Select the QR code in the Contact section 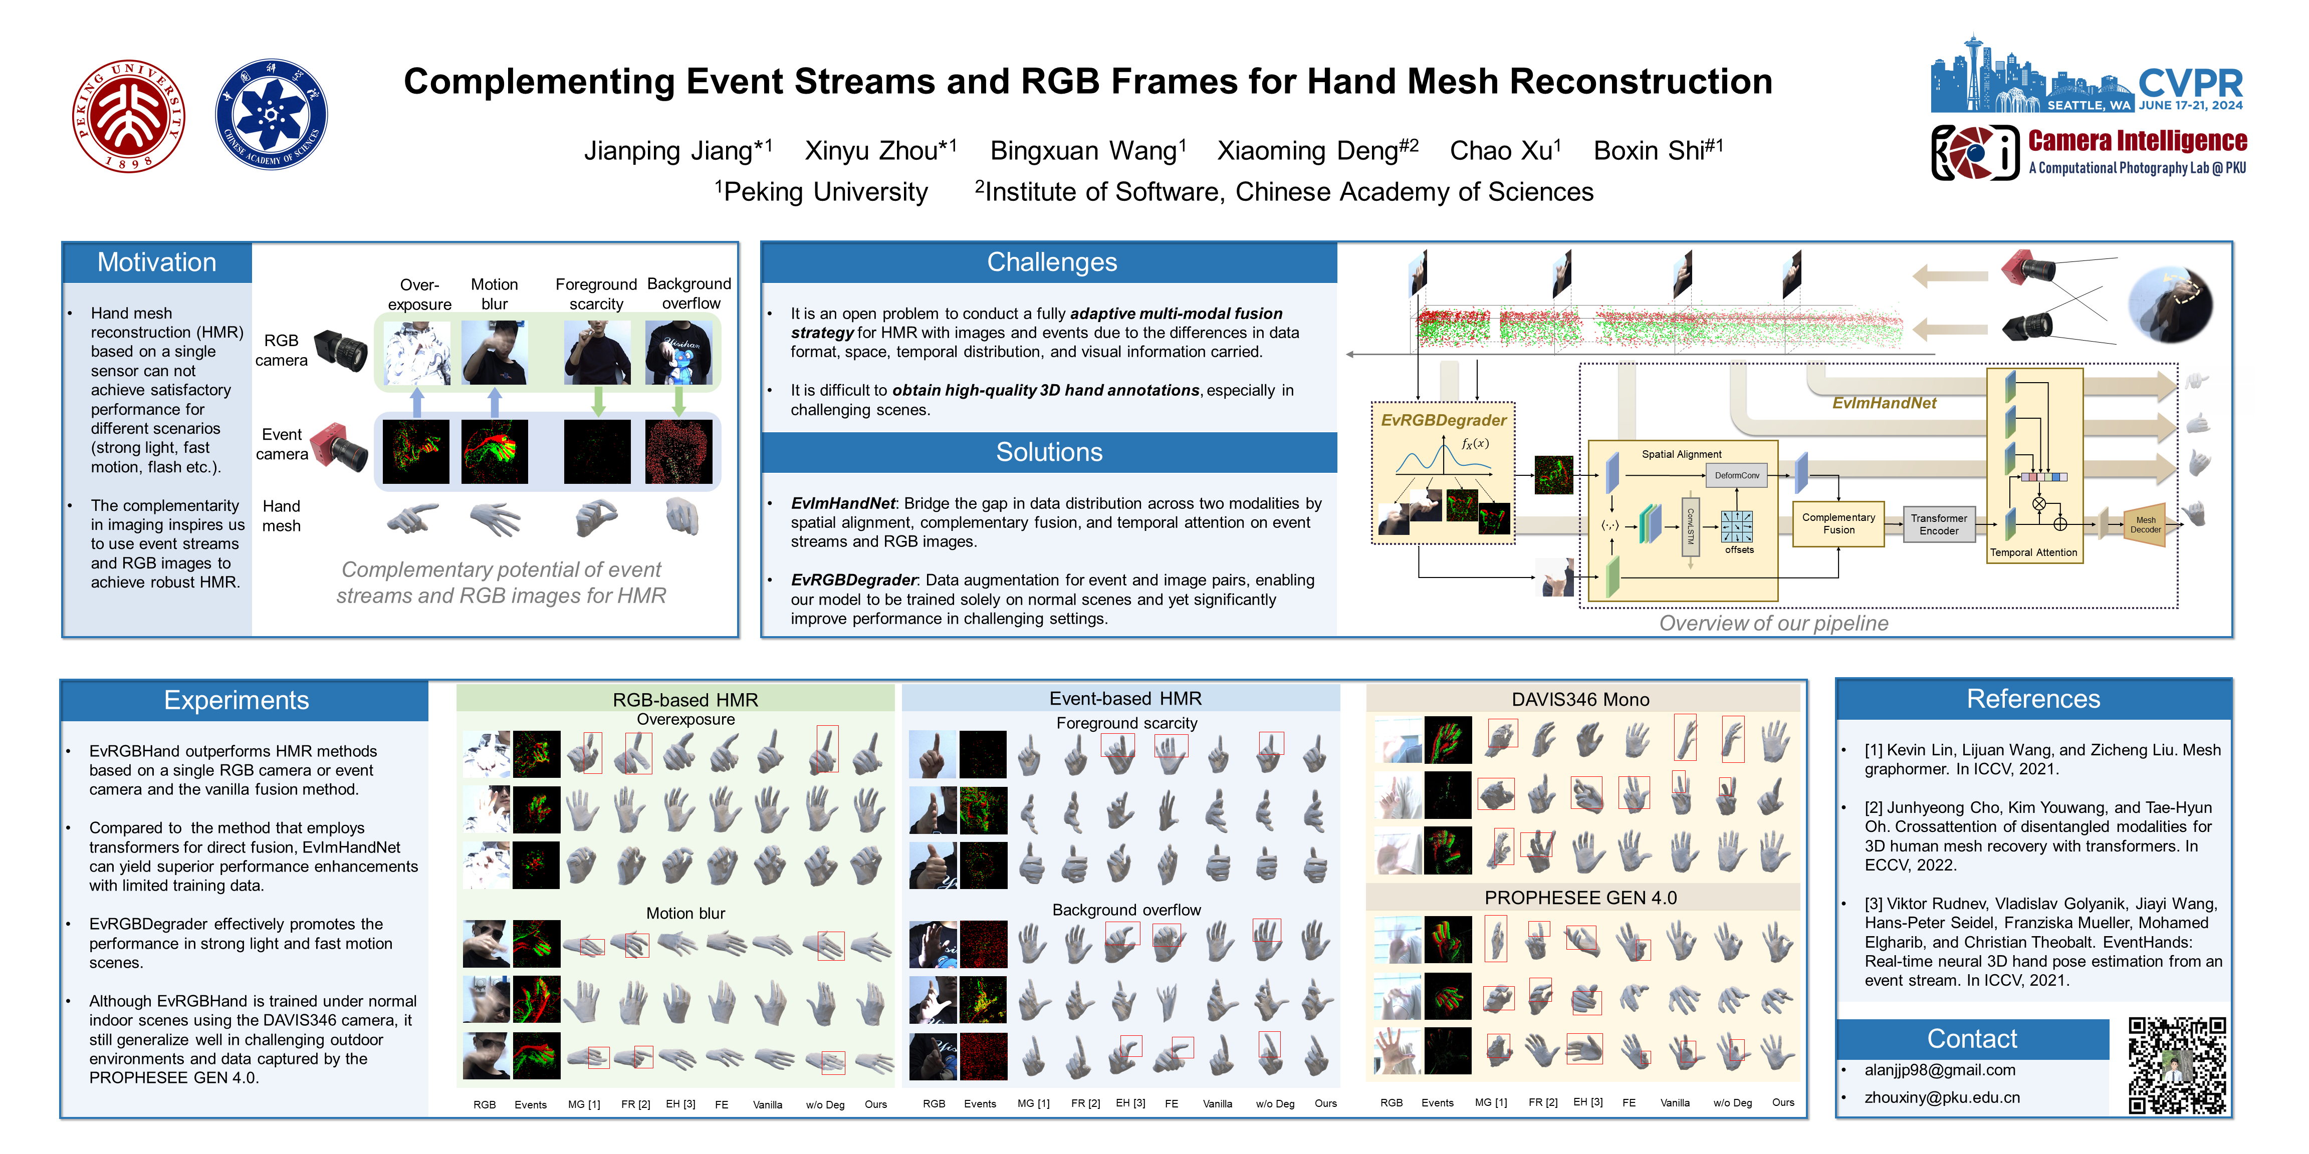click(x=2176, y=1065)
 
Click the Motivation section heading click(x=157, y=262)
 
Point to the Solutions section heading click(x=1049, y=452)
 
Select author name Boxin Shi click(x=1657, y=151)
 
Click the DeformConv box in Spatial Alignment click(x=1736, y=476)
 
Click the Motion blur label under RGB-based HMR click(x=685, y=913)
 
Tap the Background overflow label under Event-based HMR click(x=1126, y=910)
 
